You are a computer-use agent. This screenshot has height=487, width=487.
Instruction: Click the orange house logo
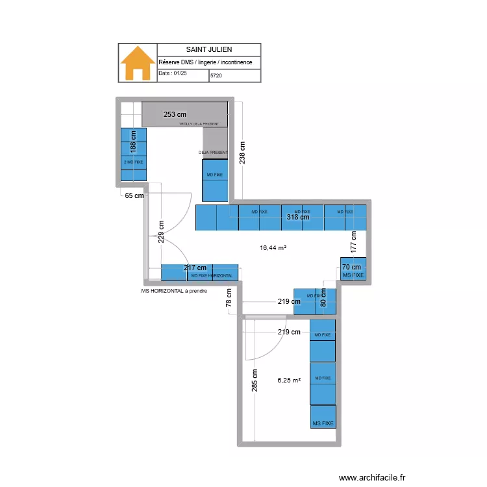point(138,63)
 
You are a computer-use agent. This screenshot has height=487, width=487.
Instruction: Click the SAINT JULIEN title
point(209,49)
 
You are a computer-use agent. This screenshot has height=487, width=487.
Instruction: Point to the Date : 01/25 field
point(173,74)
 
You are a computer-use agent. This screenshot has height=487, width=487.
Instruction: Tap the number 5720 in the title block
point(216,76)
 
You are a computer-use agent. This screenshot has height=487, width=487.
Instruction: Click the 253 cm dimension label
point(175,114)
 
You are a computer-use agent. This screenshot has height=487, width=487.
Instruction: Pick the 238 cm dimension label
point(242,155)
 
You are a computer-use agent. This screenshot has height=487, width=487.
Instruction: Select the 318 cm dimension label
point(298,218)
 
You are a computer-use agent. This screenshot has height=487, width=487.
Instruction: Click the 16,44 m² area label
point(273,247)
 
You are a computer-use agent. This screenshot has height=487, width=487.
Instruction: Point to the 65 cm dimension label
point(134,195)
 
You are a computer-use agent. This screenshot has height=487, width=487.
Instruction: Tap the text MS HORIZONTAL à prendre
point(178,292)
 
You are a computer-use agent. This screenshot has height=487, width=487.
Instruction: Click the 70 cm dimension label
point(353,268)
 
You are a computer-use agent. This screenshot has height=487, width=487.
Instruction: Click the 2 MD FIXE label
point(134,162)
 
